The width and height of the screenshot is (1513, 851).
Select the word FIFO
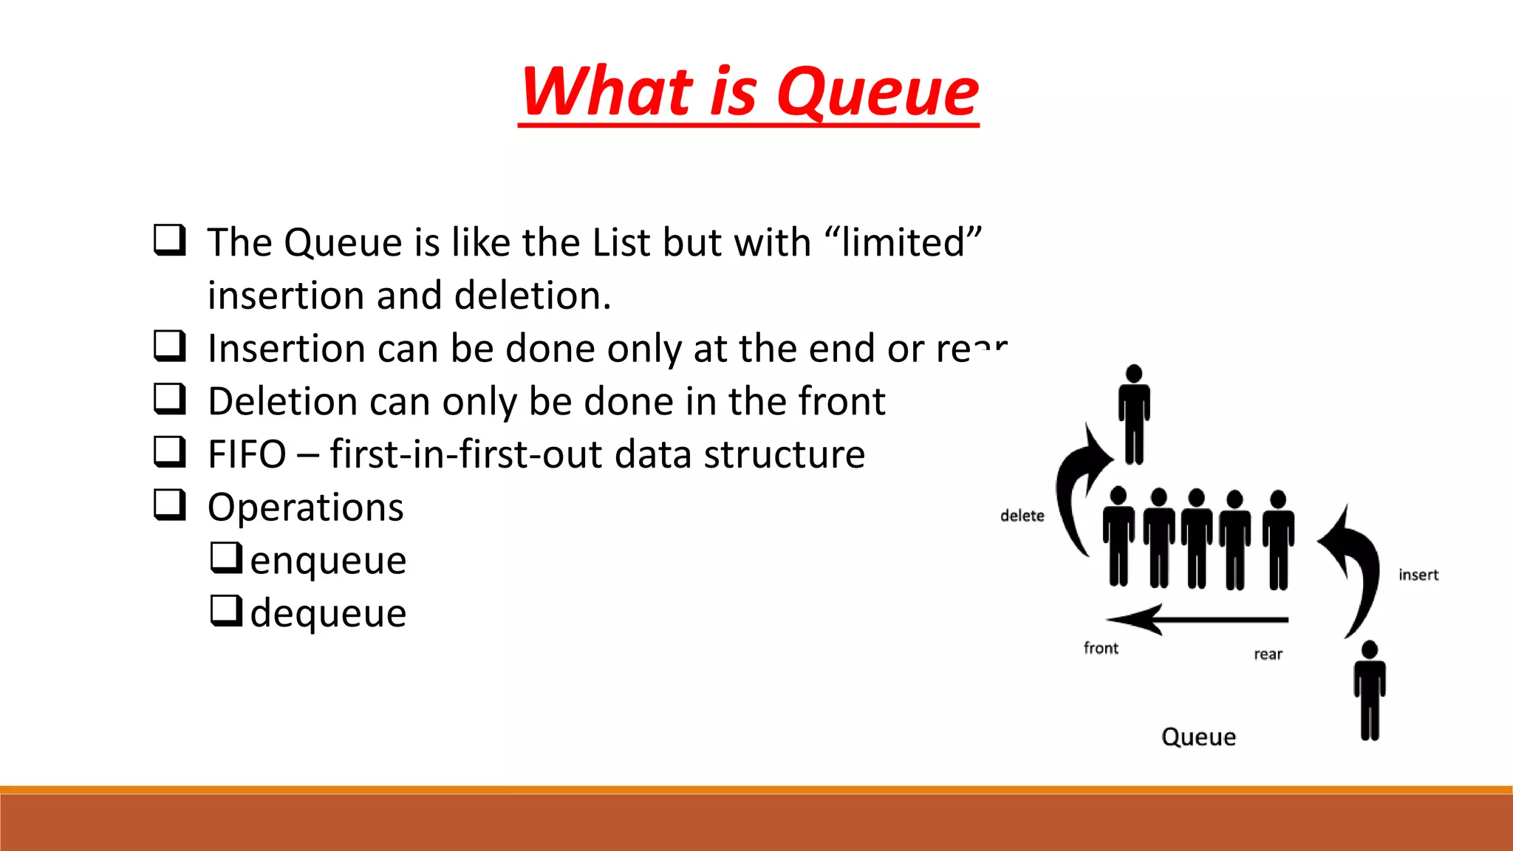point(247,454)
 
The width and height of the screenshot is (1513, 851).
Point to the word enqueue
point(328,560)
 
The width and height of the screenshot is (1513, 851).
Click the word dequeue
point(328,613)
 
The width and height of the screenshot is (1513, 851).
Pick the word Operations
point(305,507)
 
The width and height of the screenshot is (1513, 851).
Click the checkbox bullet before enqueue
point(226,558)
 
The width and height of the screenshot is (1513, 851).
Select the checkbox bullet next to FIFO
point(169,451)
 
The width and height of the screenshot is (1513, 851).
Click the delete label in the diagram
point(1022,516)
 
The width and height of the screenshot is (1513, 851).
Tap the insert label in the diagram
point(1418,575)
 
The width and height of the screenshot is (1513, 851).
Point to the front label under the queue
point(1101,648)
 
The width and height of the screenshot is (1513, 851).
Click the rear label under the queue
point(1268,654)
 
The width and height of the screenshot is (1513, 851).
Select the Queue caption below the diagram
point(1198,736)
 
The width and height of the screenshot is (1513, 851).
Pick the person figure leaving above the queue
point(1134,414)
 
